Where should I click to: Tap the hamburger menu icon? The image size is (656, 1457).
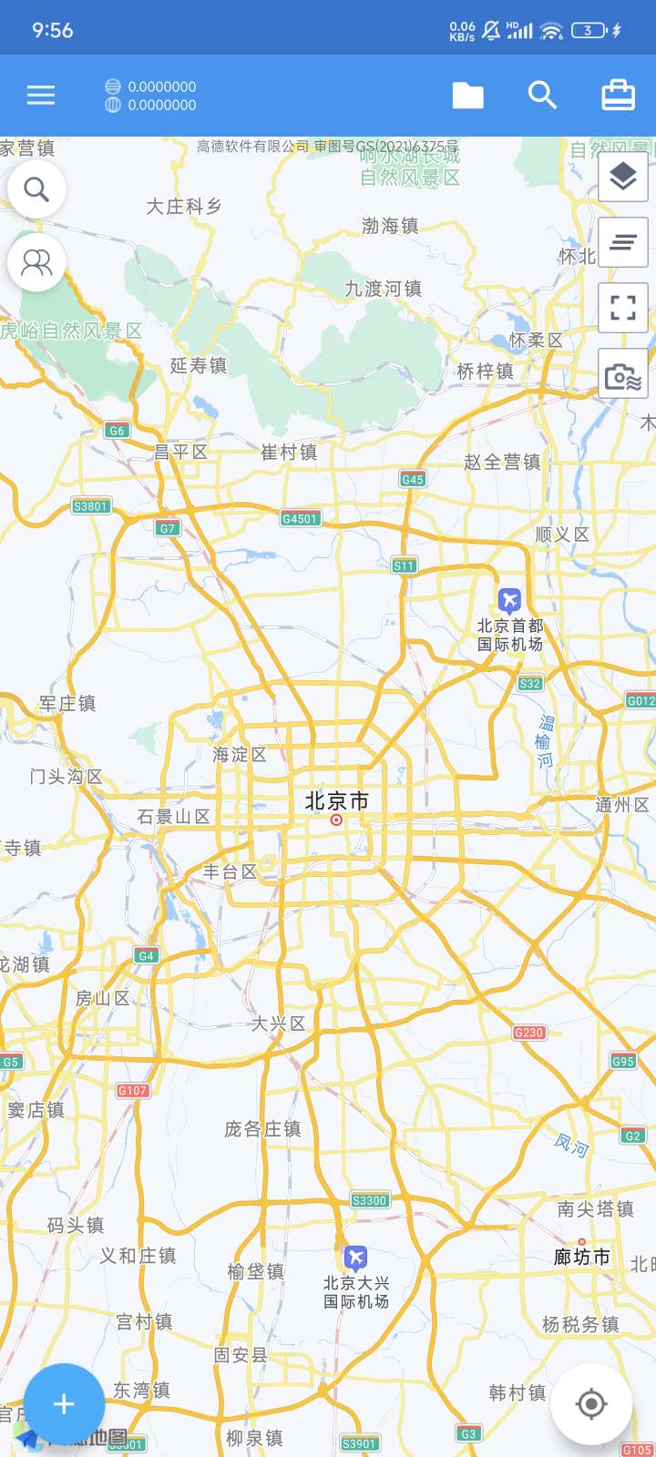(41, 96)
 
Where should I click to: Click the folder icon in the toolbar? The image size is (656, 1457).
(468, 96)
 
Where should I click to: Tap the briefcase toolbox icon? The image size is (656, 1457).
(618, 96)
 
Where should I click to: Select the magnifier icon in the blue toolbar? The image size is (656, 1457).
(542, 96)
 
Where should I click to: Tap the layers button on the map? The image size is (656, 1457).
(623, 177)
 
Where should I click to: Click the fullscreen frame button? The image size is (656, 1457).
(623, 308)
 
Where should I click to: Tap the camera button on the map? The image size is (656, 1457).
(623, 374)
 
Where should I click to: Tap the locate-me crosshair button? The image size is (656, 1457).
(591, 1404)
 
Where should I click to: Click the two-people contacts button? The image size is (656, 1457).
(36, 262)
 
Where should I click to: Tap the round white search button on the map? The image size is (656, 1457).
(36, 189)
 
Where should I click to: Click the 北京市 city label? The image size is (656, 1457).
(337, 801)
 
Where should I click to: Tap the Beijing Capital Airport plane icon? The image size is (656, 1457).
(509, 600)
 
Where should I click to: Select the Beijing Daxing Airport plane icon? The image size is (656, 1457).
(356, 1258)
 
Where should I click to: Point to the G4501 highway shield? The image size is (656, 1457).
(300, 518)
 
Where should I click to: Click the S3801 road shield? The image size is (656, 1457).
(90, 506)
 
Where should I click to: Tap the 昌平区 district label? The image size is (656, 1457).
(181, 452)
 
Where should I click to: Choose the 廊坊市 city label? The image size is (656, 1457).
(582, 1258)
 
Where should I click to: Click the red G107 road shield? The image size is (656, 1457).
(132, 1090)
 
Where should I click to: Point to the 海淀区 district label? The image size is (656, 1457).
(240, 755)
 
